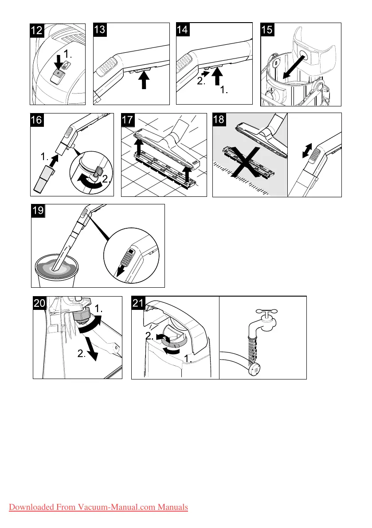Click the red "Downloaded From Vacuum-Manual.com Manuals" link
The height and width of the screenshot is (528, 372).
pos(98,507)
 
